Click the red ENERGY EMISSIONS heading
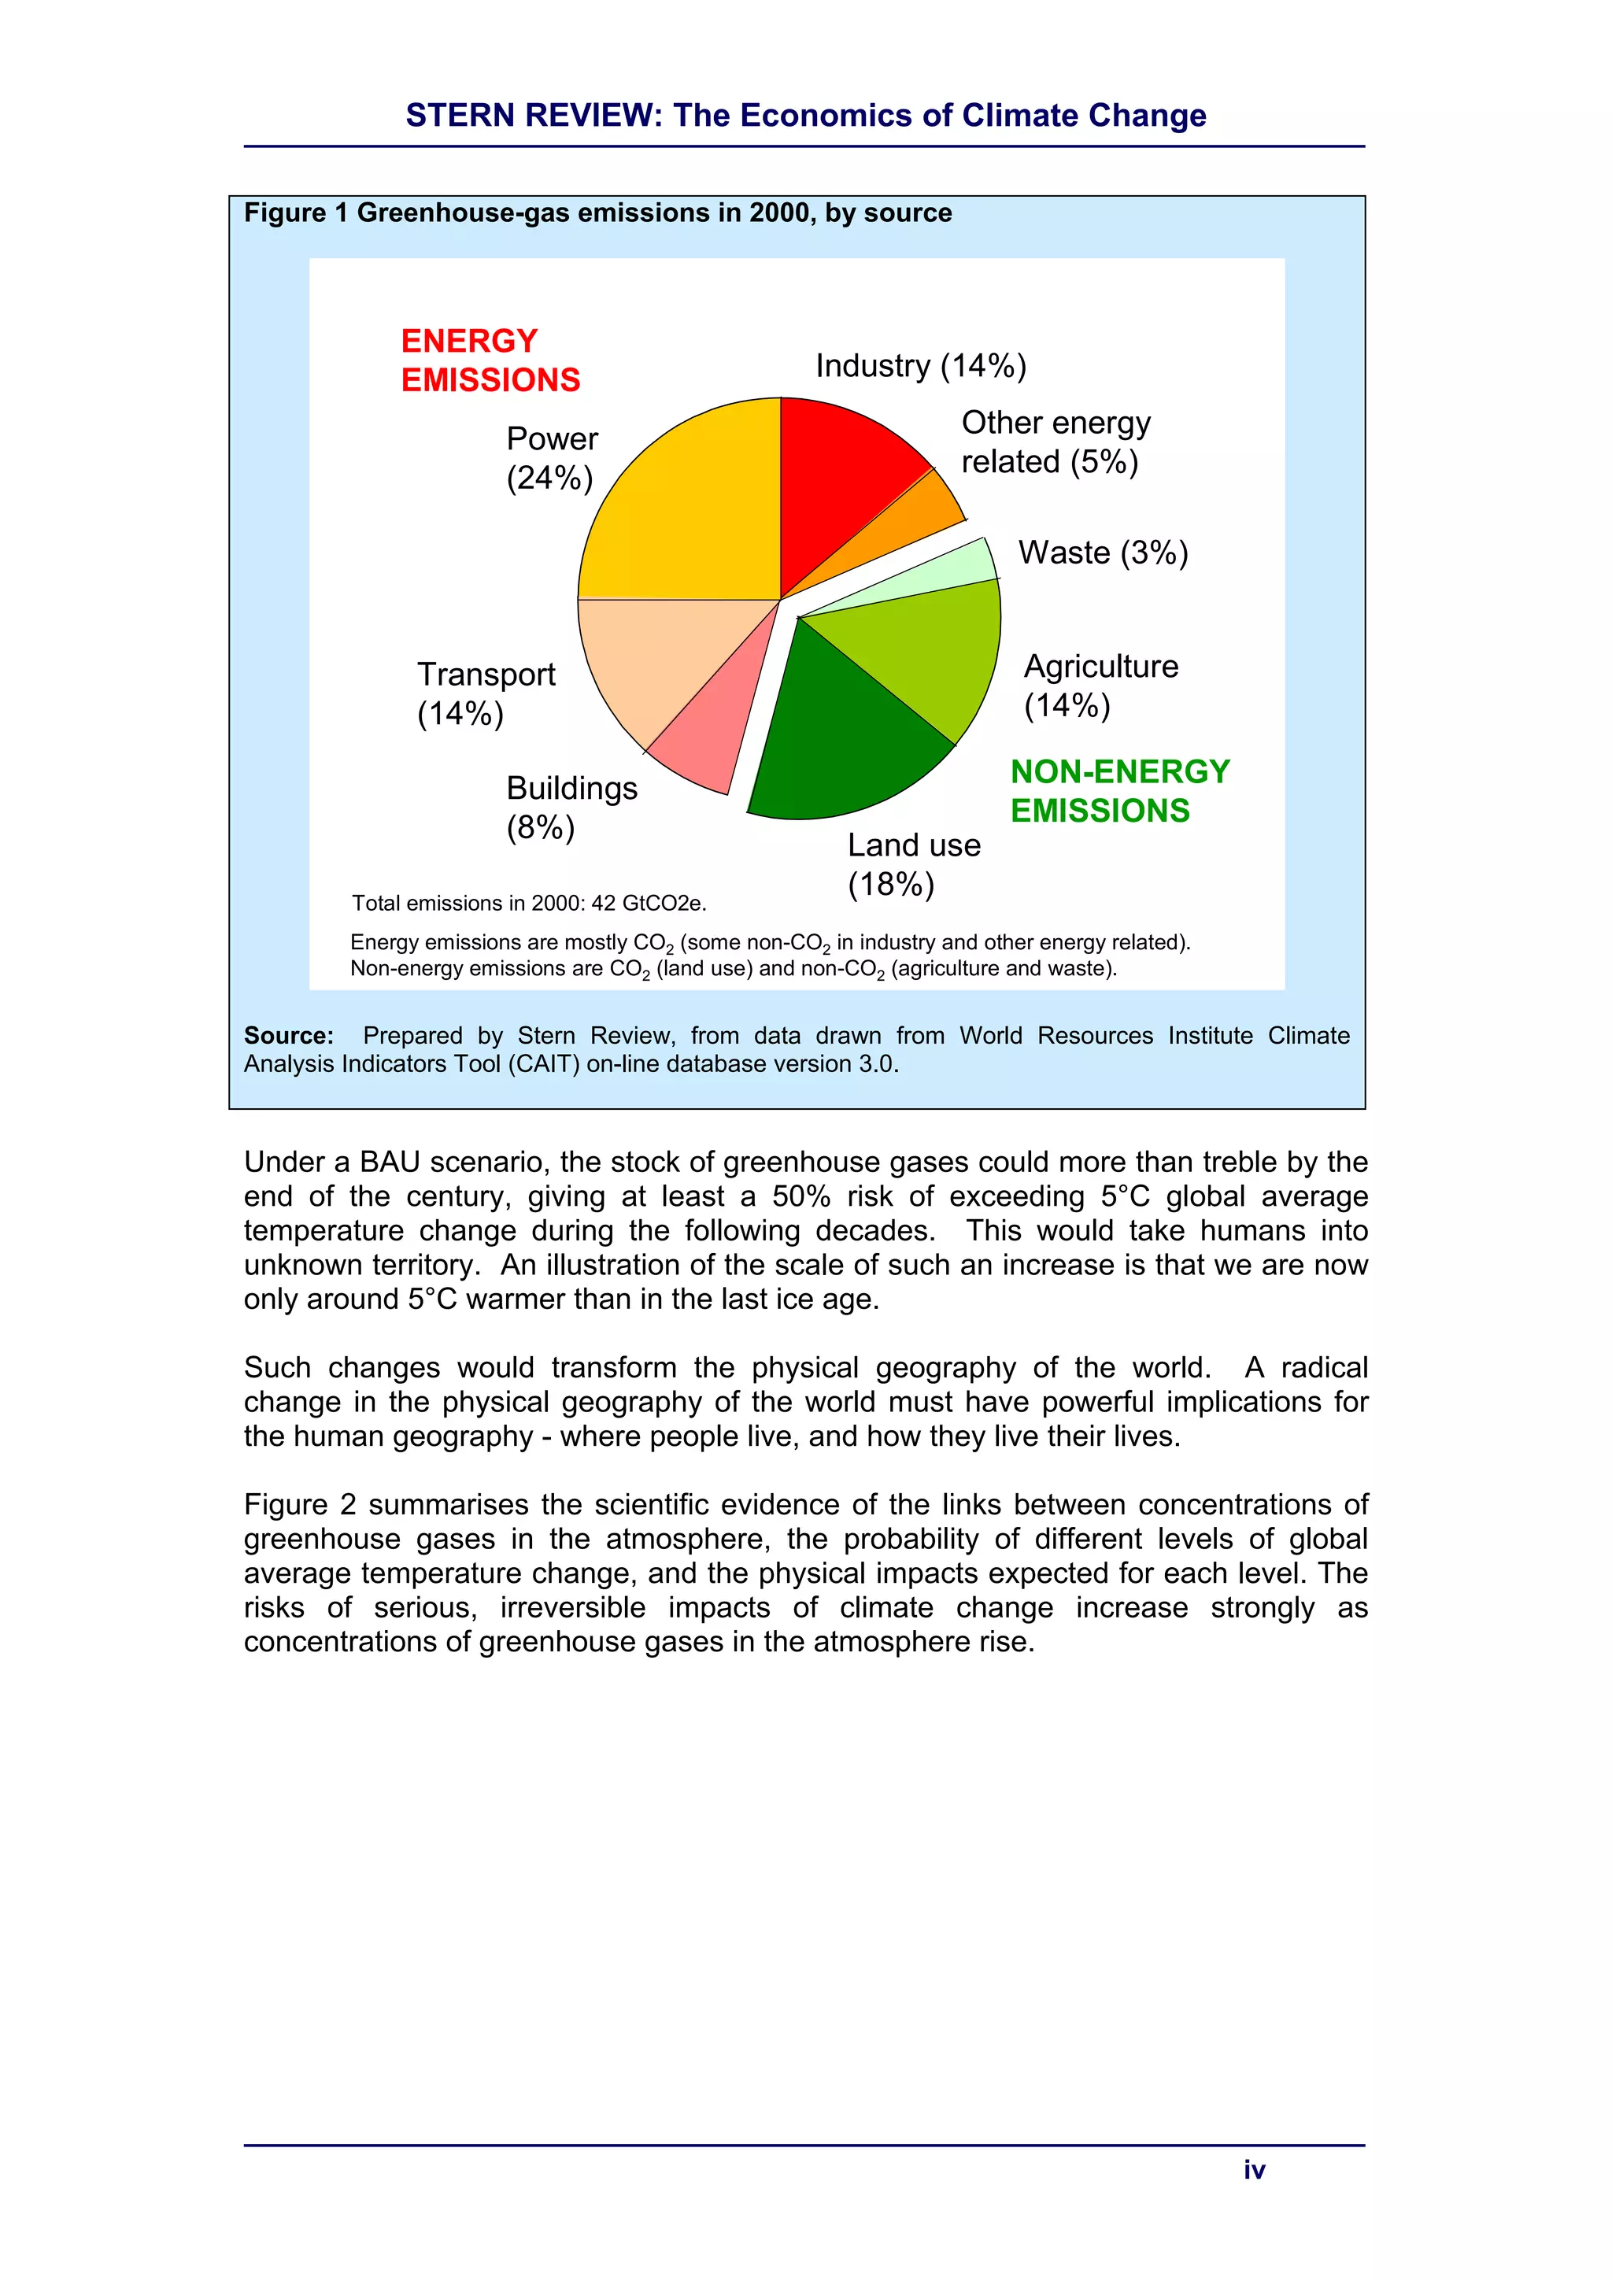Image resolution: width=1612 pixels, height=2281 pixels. [x=490, y=360]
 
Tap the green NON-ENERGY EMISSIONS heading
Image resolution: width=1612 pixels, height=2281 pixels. [x=1119, y=791]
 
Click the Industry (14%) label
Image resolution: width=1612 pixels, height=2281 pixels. [x=921, y=365]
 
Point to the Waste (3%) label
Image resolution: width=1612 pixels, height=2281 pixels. [x=1103, y=553]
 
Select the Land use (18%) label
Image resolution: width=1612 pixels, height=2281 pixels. [x=913, y=864]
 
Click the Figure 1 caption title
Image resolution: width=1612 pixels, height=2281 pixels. [x=598, y=213]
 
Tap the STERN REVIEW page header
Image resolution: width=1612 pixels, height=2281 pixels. [x=805, y=115]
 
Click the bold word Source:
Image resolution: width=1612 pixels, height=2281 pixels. [x=288, y=1035]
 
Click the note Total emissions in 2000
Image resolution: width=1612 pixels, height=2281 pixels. [x=528, y=903]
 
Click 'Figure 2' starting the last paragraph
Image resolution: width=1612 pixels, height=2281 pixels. [x=299, y=1504]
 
